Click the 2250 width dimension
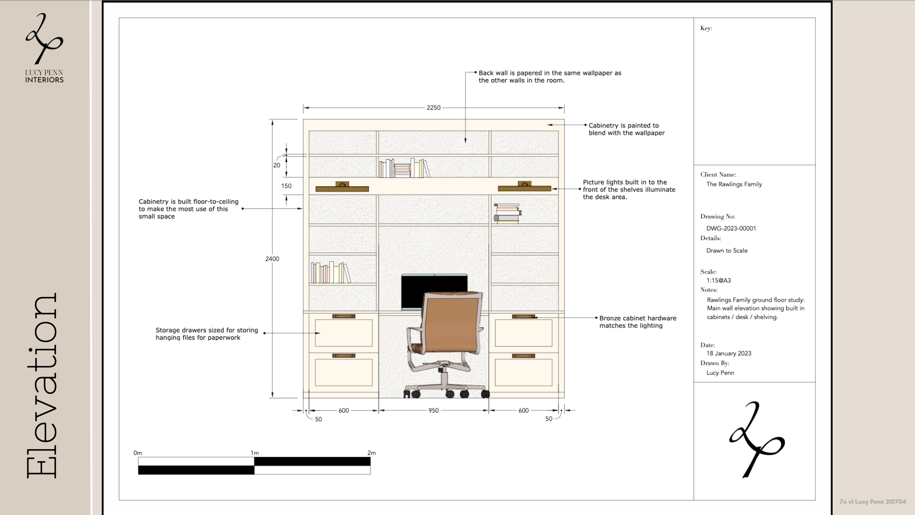point(434,108)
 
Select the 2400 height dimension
point(272,259)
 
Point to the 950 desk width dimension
point(434,410)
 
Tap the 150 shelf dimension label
point(286,186)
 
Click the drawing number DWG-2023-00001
point(731,228)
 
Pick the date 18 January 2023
point(729,353)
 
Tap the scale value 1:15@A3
point(718,280)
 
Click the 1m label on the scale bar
point(254,453)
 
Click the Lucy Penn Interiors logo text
point(44,76)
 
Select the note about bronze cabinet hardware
point(638,322)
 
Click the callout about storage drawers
point(207,334)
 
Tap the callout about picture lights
point(629,190)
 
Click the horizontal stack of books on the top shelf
point(402,170)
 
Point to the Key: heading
point(706,28)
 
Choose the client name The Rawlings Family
point(734,184)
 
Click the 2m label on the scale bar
point(371,453)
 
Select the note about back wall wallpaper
point(550,77)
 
